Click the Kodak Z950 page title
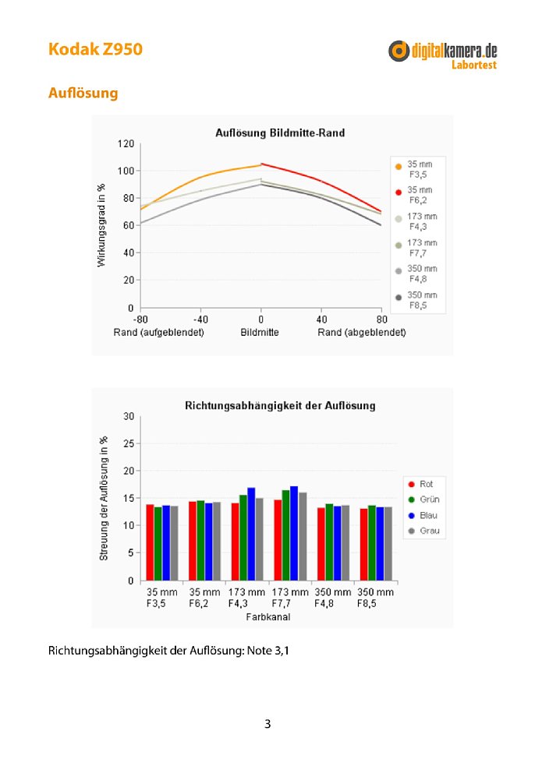coord(95,49)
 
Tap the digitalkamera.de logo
coord(442,55)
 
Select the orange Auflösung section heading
coord(83,93)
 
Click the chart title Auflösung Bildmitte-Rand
coord(280,132)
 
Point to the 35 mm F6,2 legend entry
coord(414,195)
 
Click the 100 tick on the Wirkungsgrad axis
coord(126,171)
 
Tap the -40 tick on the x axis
coord(200,319)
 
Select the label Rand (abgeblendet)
coord(362,332)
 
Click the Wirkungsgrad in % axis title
coord(101,225)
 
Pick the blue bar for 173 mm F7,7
coord(294,534)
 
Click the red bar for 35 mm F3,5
coord(151,542)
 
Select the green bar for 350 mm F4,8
coord(329,542)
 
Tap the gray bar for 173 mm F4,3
coord(259,539)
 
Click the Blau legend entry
coord(423,515)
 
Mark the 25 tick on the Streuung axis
coord(129,443)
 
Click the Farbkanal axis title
coord(268,616)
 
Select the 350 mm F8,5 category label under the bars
coord(375,598)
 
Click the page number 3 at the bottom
coord(267,724)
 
